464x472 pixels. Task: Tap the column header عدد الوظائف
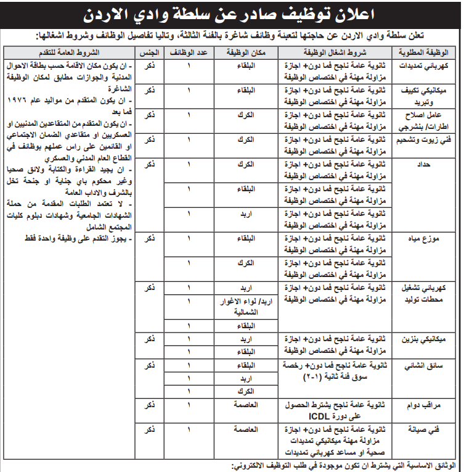(x=189, y=51)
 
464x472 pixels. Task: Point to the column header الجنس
(x=149, y=51)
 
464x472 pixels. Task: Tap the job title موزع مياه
(x=429, y=238)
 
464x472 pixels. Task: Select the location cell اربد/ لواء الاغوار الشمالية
(x=246, y=307)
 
